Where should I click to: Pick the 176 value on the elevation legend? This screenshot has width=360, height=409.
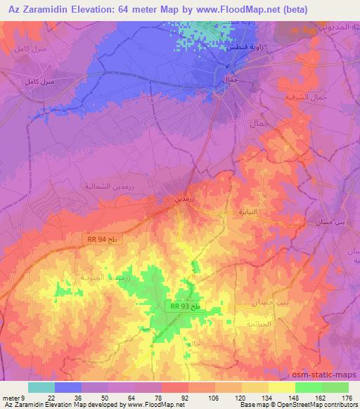point(346,398)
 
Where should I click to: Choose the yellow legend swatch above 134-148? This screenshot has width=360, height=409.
point(282,387)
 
